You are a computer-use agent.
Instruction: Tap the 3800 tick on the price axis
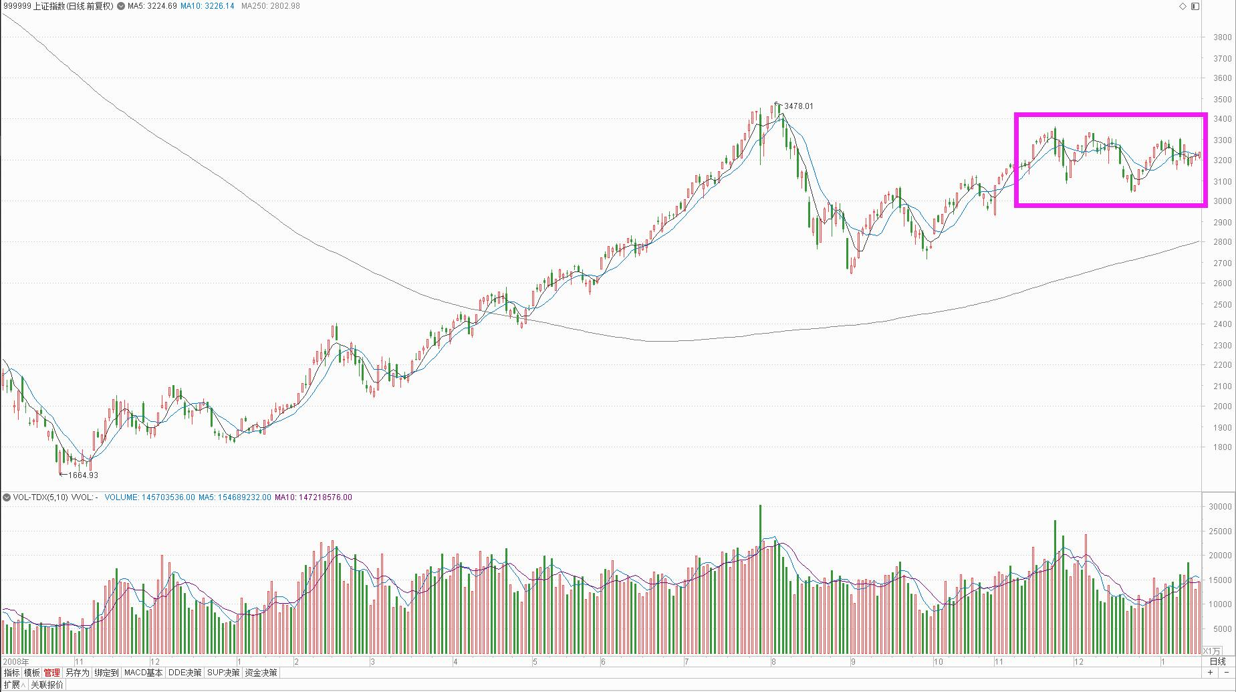click(x=1222, y=38)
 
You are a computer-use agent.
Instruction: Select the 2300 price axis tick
click(x=1222, y=346)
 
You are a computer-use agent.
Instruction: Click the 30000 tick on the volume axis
click(x=1220, y=507)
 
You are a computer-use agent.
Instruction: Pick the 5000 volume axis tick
click(x=1222, y=629)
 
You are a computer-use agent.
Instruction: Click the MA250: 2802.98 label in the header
click(x=270, y=6)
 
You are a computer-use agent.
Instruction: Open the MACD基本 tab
click(x=143, y=673)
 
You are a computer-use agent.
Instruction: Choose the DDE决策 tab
click(x=184, y=673)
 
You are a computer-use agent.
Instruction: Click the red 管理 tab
click(x=51, y=673)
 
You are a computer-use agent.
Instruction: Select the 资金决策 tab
click(x=261, y=673)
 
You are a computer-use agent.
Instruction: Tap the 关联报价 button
click(x=47, y=685)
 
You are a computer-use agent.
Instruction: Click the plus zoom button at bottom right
click(x=1210, y=673)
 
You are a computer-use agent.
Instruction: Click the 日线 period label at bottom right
click(x=1217, y=662)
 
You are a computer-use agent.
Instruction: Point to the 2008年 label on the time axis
click(x=16, y=662)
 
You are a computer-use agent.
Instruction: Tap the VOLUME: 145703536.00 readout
click(x=150, y=497)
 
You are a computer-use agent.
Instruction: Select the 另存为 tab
click(x=77, y=673)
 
